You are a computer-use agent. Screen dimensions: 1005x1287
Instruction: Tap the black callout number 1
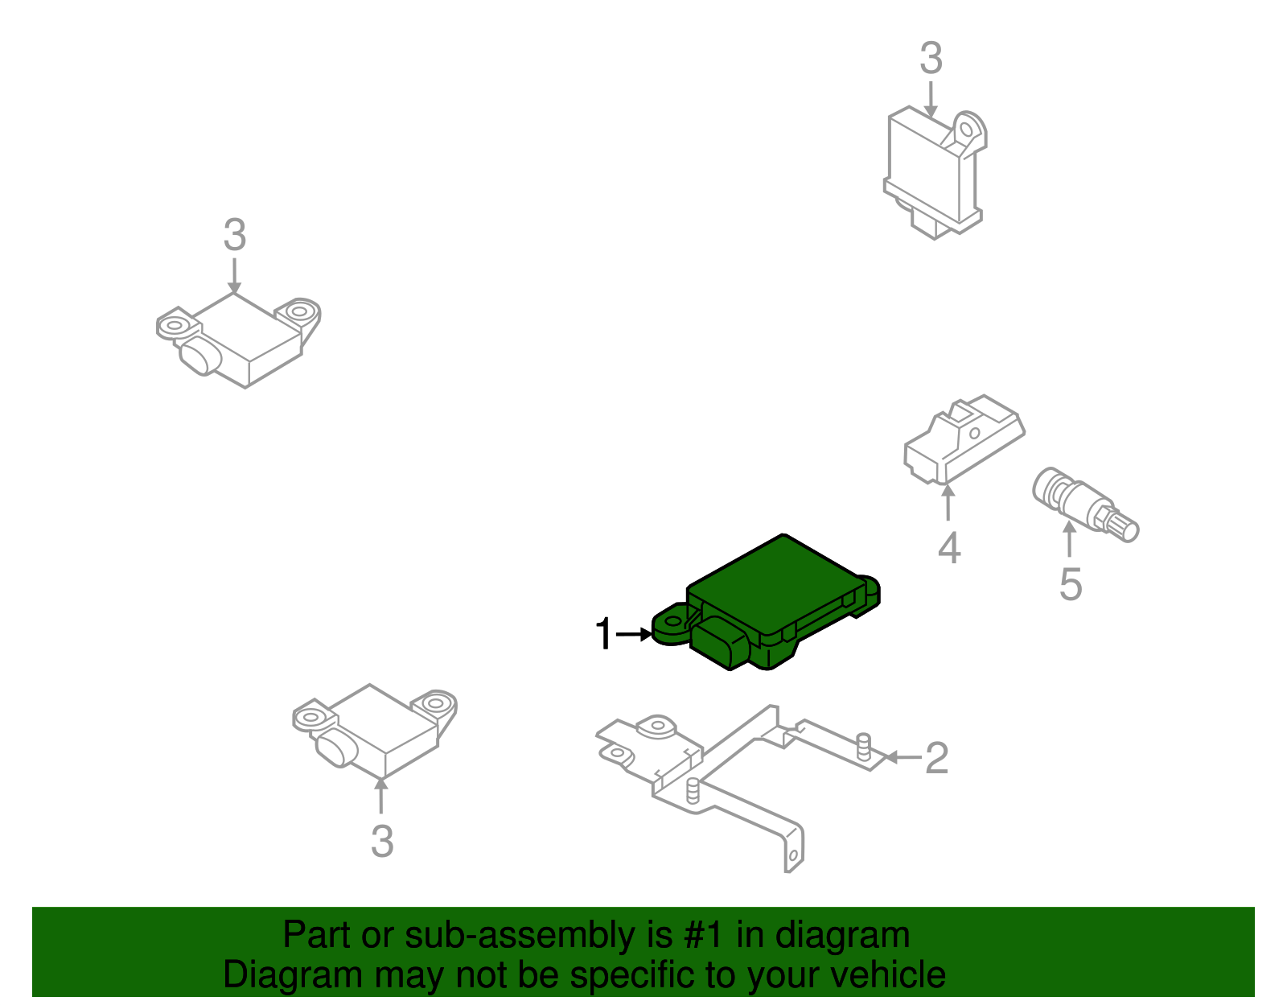click(603, 635)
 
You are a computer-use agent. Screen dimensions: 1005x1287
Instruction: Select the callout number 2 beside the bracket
click(936, 758)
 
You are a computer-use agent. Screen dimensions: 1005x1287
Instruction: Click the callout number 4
click(949, 549)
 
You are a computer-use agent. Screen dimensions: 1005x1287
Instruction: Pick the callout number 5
click(1070, 585)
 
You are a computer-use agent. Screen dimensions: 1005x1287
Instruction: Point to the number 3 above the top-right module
click(931, 60)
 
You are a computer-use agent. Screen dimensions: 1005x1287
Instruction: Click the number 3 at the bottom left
click(382, 842)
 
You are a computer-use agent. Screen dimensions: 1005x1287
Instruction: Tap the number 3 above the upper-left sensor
click(234, 236)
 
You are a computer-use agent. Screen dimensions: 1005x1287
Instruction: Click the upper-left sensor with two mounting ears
click(241, 338)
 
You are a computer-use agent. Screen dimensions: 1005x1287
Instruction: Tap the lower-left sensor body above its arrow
click(378, 728)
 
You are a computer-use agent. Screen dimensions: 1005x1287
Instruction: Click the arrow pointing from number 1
click(635, 635)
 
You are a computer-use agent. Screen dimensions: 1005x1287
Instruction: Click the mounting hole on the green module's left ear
click(672, 622)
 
